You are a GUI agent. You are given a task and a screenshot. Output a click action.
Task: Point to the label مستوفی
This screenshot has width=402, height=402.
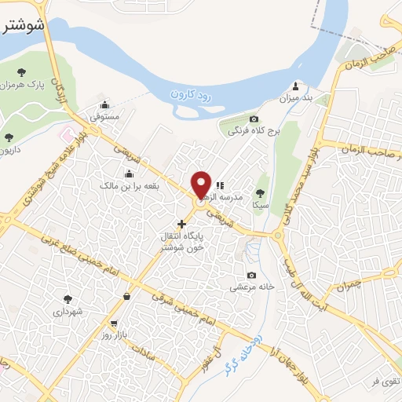(104, 116)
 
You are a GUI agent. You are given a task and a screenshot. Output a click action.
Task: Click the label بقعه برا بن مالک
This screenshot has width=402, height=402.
(128, 185)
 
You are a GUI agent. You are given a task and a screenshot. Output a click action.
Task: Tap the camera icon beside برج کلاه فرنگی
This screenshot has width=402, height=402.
(232, 119)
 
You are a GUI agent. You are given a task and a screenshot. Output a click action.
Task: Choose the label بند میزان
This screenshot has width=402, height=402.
(296, 100)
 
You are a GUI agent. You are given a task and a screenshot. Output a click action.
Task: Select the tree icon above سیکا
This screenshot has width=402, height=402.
(261, 192)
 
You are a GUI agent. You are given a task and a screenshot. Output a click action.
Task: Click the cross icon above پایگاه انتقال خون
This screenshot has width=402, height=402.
(181, 224)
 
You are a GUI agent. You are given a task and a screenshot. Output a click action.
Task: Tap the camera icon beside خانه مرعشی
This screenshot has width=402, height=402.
(251, 275)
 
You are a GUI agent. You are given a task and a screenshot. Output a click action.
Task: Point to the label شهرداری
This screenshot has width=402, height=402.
(68, 311)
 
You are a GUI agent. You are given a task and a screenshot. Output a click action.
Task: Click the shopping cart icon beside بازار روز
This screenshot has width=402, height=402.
(115, 323)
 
